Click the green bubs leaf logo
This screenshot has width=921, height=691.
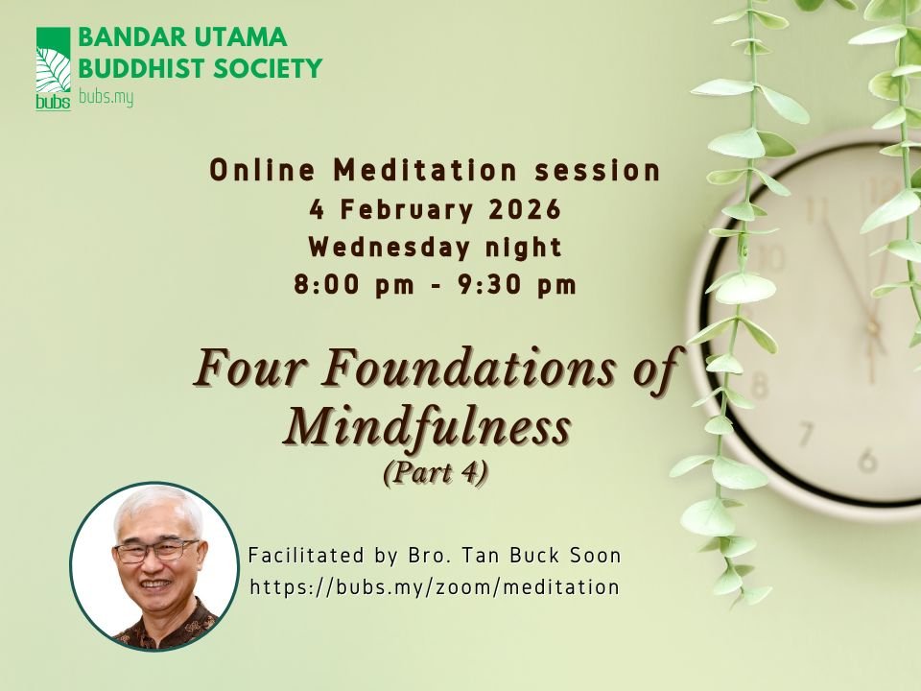pyautogui.click(x=53, y=68)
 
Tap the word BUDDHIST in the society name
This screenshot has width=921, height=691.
pyautogui.click(x=138, y=69)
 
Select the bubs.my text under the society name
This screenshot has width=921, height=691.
pyautogui.click(x=105, y=98)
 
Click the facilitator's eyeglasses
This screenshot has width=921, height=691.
pyautogui.click(x=156, y=552)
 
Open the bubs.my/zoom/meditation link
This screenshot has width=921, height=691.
pyautogui.click(x=434, y=587)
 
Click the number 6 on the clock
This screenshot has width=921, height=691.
pyautogui.click(x=867, y=461)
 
